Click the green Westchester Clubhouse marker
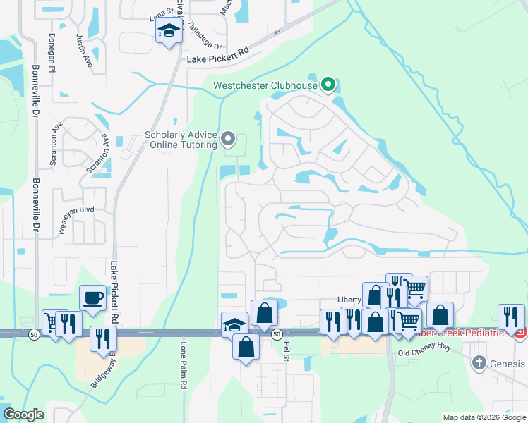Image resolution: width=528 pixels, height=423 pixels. [x=328, y=85]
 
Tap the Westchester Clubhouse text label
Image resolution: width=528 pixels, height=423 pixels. [x=265, y=86]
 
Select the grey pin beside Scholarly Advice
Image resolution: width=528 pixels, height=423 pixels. [x=228, y=139]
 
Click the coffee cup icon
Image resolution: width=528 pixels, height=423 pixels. [x=92, y=298]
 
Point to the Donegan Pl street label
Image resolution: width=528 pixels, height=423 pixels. [x=52, y=51]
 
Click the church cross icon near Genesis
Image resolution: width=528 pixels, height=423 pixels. [x=479, y=362]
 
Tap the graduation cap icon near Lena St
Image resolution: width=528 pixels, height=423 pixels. [x=169, y=31]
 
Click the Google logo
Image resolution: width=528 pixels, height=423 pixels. [x=23, y=415]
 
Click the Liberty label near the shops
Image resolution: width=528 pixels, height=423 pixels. [x=349, y=299]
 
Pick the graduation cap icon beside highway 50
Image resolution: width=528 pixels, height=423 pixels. [x=234, y=324]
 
